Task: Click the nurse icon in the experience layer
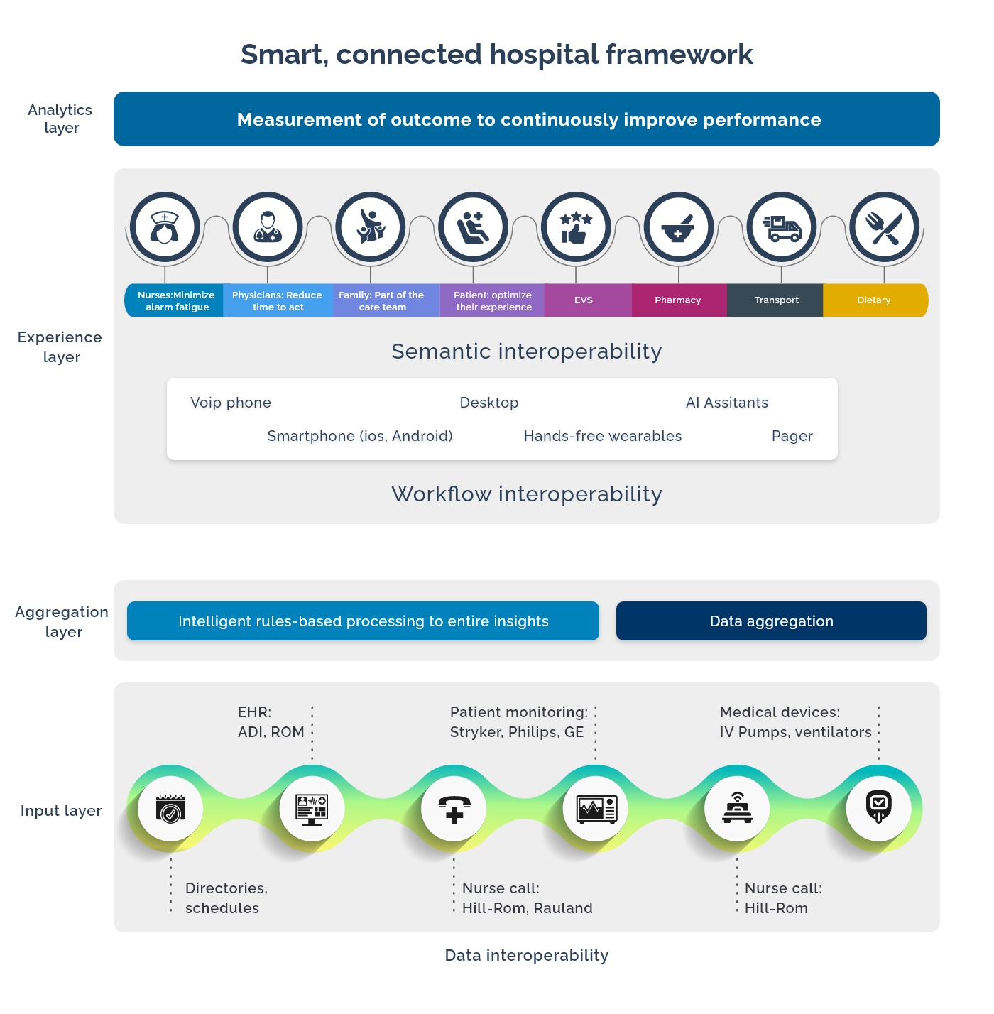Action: click(x=165, y=227)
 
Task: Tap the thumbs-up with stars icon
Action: click(x=576, y=227)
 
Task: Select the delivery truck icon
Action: click(x=782, y=227)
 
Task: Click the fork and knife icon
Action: click(x=885, y=227)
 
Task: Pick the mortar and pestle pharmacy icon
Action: click(x=679, y=227)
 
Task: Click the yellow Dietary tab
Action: click(x=874, y=300)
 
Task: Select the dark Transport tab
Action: click(x=776, y=300)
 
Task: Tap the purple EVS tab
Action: click(x=584, y=300)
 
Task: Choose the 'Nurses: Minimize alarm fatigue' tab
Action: click(x=176, y=301)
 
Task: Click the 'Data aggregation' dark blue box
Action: click(x=771, y=621)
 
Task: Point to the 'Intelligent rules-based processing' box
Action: click(x=363, y=621)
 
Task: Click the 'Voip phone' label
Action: click(x=231, y=403)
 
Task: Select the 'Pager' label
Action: click(x=792, y=436)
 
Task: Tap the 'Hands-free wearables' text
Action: click(x=602, y=436)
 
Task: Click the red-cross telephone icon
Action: click(x=454, y=809)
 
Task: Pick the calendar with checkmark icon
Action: click(x=170, y=809)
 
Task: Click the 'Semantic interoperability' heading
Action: click(x=526, y=351)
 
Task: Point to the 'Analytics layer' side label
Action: click(x=60, y=119)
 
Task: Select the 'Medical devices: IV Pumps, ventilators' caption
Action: click(x=795, y=722)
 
